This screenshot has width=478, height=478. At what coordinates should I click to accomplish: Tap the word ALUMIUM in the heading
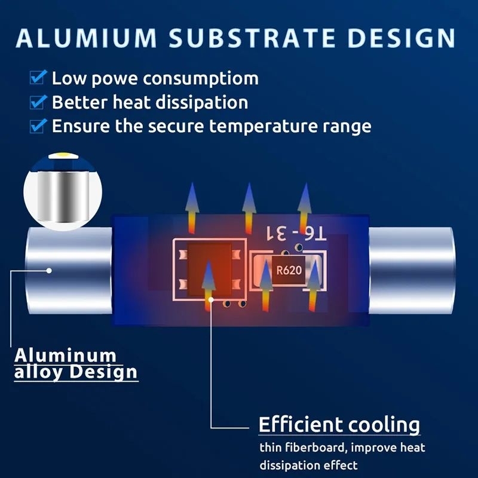click(87, 36)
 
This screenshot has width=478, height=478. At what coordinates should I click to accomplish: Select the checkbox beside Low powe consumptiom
click(39, 78)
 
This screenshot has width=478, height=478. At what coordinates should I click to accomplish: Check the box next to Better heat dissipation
click(39, 102)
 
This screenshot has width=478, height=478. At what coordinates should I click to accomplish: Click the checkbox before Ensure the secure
click(39, 125)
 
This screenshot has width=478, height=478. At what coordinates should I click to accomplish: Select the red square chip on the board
click(209, 270)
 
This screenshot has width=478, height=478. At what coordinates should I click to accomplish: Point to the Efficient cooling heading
click(339, 425)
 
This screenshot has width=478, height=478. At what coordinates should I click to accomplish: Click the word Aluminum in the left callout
click(65, 355)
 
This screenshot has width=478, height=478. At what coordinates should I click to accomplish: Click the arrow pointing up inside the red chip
click(208, 281)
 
